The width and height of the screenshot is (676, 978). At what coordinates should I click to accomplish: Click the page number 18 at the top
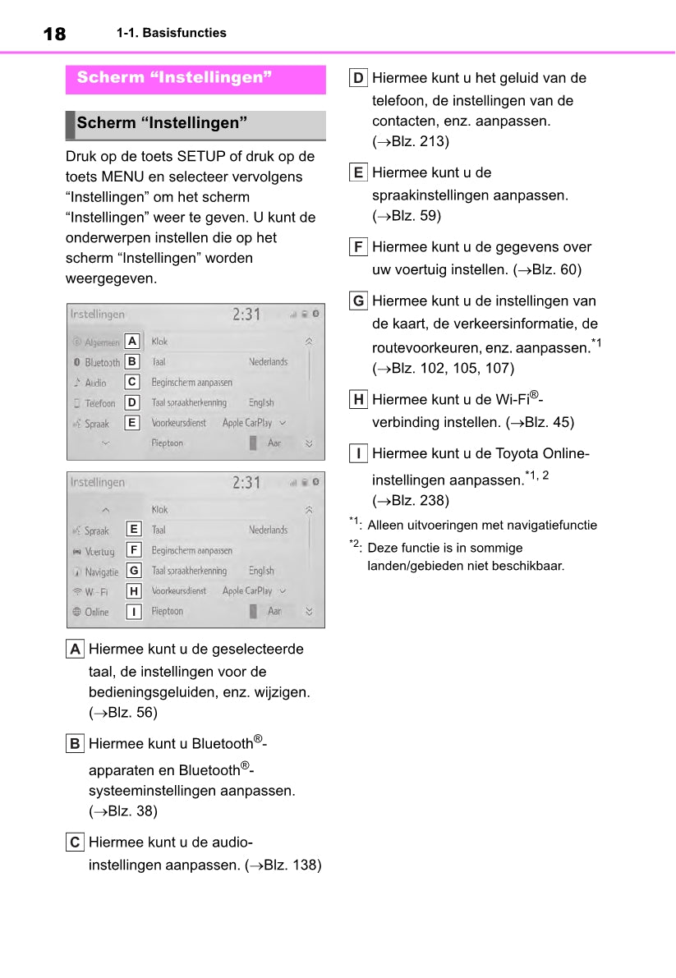pyautogui.click(x=54, y=34)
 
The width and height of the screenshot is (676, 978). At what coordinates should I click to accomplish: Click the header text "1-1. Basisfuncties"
pyautogui.click(x=171, y=34)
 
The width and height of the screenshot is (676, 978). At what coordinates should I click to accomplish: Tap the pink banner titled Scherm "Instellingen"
pyautogui.click(x=195, y=79)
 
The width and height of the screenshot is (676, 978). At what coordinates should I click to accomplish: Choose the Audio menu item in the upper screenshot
pyautogui.click(x=95, y=383)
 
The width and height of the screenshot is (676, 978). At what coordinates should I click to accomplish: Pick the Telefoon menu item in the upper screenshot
pyautogui.click(x=99, y=403)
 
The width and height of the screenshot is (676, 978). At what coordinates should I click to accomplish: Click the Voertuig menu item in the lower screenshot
pyautogui.click(x=99, y=551)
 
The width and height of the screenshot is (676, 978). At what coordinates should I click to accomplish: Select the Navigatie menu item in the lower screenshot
pyautogui.click(x=101, y=572)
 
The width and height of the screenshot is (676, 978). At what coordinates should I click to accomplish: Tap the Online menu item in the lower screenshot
pyautogui.click(x=96, y=612)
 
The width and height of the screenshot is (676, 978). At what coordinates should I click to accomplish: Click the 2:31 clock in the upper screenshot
pyautogui.click(x=246, y=315)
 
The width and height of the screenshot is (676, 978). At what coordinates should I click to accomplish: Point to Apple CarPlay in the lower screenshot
pyautogui.click(x=247, y=591)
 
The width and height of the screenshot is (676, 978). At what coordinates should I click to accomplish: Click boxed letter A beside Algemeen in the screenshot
pyautogui.click(x=132, y=341)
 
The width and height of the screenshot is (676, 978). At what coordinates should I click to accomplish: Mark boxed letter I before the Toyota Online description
pyautogui.click(x=358, y=453)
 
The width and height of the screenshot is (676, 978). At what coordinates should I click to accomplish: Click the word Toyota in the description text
pyautogui.click(x=517, y=454)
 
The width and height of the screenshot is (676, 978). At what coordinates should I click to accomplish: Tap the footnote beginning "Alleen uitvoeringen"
pyautogui.click(x=482, y=526)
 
